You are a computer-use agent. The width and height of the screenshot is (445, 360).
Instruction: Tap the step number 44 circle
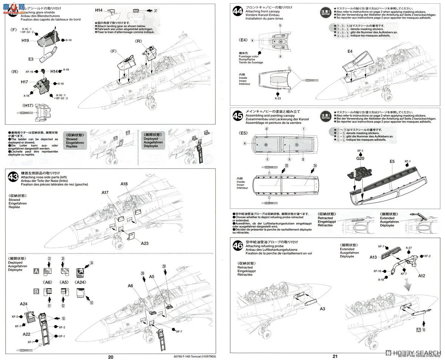(237, 11)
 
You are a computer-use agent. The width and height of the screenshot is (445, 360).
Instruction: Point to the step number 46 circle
(237, 245)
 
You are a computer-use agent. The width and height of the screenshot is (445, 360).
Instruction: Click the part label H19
(25, 40)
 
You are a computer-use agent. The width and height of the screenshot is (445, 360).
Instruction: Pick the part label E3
(30, 59)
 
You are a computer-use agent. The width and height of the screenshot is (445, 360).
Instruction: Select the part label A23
(145, 243)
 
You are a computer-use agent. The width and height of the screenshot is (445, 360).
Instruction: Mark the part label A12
(422, 276)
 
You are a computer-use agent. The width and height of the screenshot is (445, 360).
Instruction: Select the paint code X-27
(409, 248)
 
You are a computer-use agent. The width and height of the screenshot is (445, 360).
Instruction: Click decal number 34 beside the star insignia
(91, 263)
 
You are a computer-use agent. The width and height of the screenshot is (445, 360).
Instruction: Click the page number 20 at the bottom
(111, 357)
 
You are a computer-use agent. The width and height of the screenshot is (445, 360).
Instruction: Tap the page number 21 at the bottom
(335, 357)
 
